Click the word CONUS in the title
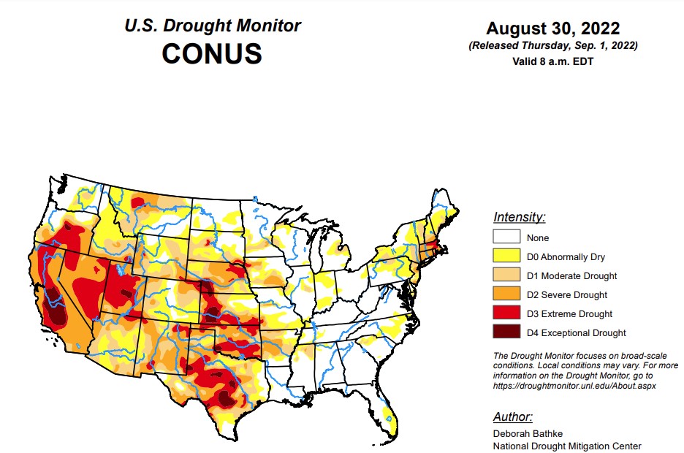tap(212, 53)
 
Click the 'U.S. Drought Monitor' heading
tap(212, 26)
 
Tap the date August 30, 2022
tap(553, 28)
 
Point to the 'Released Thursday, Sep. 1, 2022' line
tap(553, 45)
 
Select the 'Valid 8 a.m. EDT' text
tap(553, 61)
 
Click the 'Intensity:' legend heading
tap(519, 217)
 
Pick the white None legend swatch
tap(506, 237)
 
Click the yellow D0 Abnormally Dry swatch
tap(506, 256)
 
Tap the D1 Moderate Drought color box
tap(506, 275)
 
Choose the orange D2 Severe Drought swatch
tap(506, 294)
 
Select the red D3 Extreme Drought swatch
tap(506, 313)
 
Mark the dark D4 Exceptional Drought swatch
tap(506, 332)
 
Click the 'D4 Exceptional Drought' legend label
tap(576, 333)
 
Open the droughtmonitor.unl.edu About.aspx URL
tap(574, 386)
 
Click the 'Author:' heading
tap(513, 416)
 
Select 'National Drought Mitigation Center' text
tap(567, 446)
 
